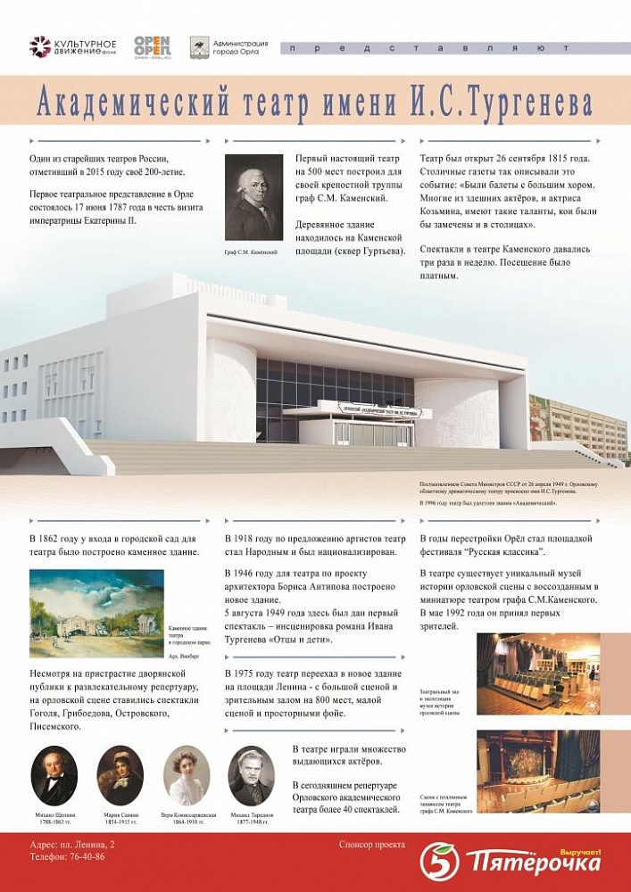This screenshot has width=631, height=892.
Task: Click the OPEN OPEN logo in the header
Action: [x=152, y=46]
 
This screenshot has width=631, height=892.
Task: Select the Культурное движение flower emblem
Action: [x=40, y=46]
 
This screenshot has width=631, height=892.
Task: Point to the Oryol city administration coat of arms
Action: [x=199, y=47]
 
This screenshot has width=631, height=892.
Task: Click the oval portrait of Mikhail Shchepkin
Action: [x=54, y=775]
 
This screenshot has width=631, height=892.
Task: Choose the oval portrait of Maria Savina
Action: [x=120, y=775]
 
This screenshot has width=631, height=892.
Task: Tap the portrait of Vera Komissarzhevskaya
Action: [x=186, y=775]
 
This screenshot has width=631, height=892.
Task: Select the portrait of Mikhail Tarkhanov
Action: [x=251, y=775]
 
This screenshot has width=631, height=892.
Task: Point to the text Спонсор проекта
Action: [x=371, y=844]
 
